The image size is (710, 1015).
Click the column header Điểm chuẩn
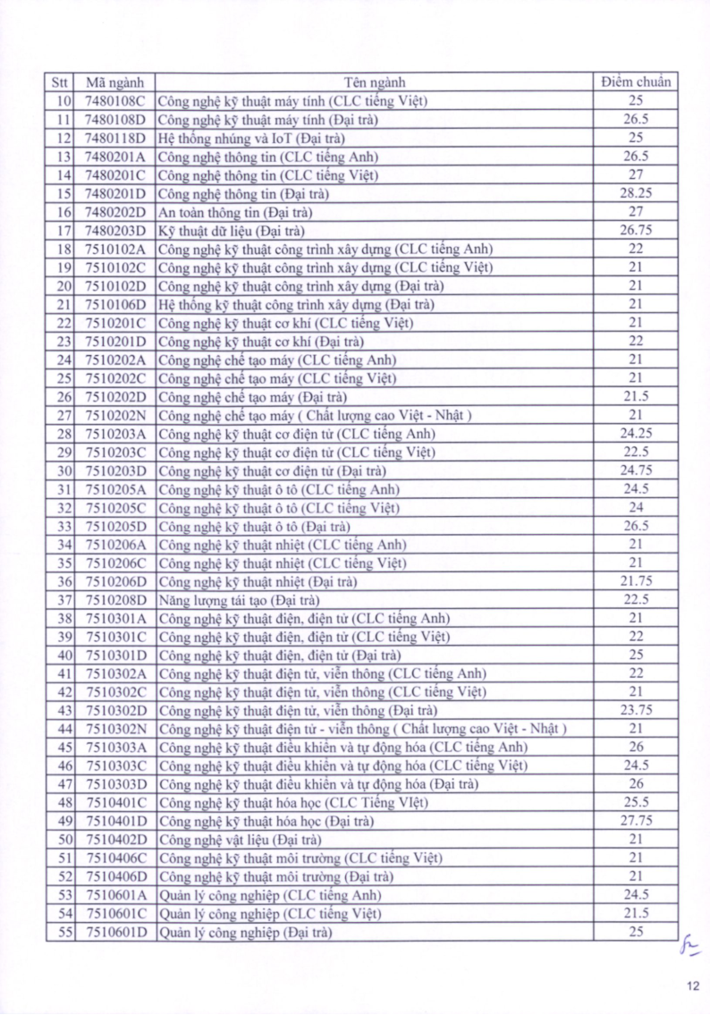click(x=636, y=82)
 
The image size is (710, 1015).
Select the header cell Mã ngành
click(x=114, y=82)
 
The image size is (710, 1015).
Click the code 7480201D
click(x=114, y=193)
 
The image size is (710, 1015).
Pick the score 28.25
click(x=636, y=193)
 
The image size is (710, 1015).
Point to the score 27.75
click(x=636, y=821)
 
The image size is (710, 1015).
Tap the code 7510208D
click(x=114, y=600)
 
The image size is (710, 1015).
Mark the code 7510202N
click(x=114, y=415)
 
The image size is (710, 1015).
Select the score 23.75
click(x=636, y=710)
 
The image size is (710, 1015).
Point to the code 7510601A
click(x=114, y=895)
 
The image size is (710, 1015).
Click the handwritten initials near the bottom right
click(x=689, y=943)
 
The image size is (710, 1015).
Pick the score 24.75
click(x=636, y=470)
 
